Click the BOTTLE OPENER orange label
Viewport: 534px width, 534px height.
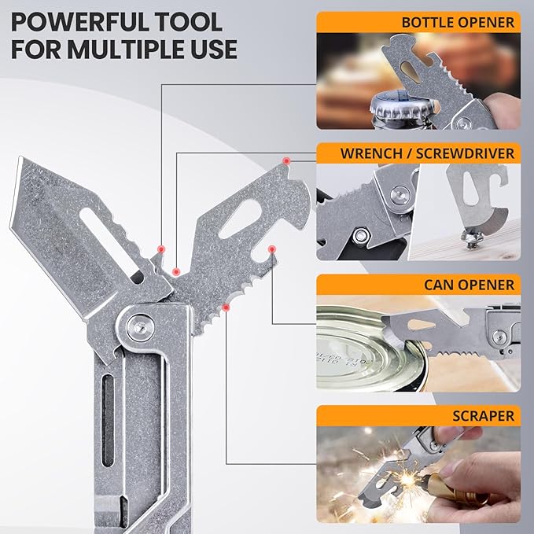[x=418, y=23]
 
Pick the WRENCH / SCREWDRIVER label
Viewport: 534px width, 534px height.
[x=427, y=153]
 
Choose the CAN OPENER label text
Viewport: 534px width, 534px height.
[x=469, y=285]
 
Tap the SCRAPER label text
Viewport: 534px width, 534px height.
[x=483, y=416]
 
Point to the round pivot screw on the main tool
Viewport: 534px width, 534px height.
[x=140, y=327]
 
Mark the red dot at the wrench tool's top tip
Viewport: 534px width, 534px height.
[x=287, y=160]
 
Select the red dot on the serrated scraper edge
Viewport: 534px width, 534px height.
[x=226, y=308]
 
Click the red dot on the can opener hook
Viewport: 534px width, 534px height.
[x=272, y=249]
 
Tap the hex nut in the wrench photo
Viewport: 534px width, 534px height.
[x=361, y=235]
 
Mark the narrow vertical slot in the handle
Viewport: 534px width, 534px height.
[x=108, y=420]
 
